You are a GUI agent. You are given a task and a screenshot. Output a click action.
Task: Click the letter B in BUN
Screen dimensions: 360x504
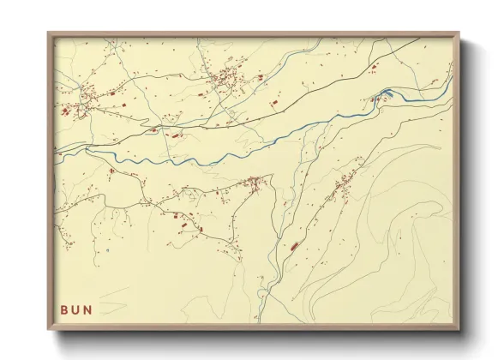pyautogui.click(x=64, y=309)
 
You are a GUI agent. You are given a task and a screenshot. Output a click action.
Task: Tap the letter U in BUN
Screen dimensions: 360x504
pyautogui.click(x=75, y=309)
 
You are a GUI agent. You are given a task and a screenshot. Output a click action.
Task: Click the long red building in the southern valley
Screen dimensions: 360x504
pyautogui.click(x=293, y=246)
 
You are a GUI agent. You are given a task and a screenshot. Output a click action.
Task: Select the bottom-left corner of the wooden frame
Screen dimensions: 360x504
pyautogui.click(x=49, y=330)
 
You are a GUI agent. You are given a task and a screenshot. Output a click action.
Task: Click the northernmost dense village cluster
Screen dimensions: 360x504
pyautogui.click(x=227, y=80)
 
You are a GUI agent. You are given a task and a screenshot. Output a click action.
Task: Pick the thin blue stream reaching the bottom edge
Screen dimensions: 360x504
pyautogui.click(x=261, y=309)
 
